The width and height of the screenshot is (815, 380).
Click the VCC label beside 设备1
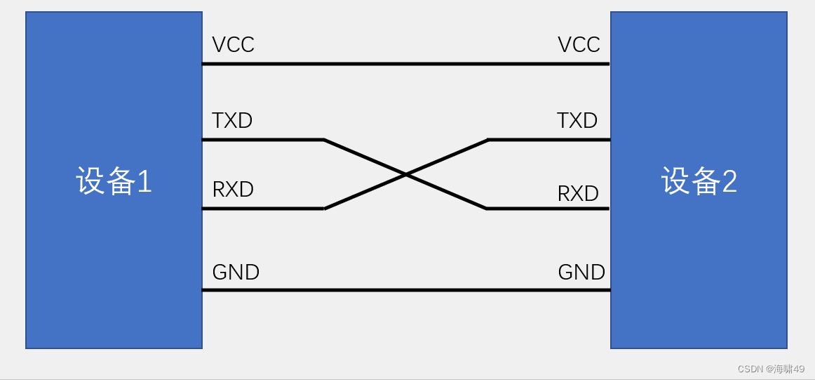click(233, 45)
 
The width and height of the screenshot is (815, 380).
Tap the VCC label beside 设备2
click(579, 45)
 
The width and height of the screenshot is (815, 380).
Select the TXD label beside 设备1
click(232, 121)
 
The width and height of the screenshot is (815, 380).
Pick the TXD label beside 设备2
click(577, 121)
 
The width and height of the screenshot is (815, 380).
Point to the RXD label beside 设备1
click(233, 190)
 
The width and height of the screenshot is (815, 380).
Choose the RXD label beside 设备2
click(578, 193)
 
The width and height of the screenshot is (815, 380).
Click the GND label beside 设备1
click(236, 272)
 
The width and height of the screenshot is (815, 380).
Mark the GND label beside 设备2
click(581, 272)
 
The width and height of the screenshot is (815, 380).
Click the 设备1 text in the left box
click(114, 181)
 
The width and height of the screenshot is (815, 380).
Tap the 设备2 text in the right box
click(699, 181)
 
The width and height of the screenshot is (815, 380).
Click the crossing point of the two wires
click(405, 174)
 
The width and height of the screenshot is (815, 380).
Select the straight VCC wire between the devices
click(405, 64)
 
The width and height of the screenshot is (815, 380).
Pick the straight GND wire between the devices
click(405, 290)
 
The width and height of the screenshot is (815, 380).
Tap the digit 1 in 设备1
click(144, 182)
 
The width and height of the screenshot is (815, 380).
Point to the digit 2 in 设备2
click(729, 182)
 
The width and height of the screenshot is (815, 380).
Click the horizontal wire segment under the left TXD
click(263, 140)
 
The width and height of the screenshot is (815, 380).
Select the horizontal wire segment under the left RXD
click(263, 209)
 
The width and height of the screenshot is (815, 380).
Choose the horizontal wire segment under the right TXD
click(548, 140)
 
